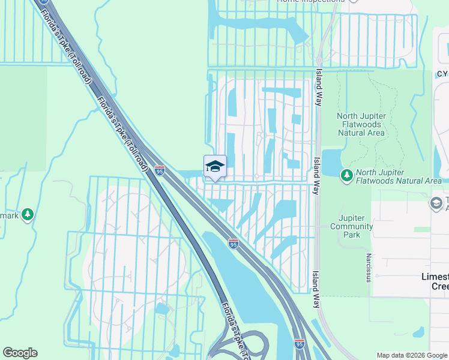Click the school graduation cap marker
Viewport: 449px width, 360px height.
tap(215, 167)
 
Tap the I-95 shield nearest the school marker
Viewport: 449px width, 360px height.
tap(159, 171)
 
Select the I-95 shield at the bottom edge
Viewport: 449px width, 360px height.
tap(300, 344)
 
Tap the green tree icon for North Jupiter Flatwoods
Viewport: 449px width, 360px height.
tap(346, 175)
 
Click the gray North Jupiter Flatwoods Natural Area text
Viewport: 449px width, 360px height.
tap(360, 124)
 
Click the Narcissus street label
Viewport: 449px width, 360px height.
tap(367, 267)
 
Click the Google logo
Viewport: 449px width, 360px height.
tap(20, 353)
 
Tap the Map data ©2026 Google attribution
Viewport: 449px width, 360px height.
tap(412, 355)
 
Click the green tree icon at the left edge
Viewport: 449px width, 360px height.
tap(27, 214)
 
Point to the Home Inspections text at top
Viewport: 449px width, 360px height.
tap(310, 1)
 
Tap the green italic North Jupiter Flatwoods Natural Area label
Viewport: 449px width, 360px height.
tap(399, 180)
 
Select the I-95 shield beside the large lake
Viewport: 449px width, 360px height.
tap(234, 244)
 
